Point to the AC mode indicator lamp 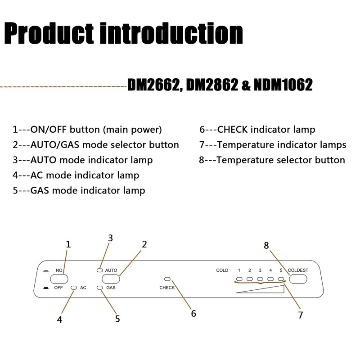click(74, 287)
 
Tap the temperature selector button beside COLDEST click(298, 279)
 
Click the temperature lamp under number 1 click(239, 279)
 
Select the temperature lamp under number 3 click(260, 279)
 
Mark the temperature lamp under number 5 click(281, 279)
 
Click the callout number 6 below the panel click(193, 314)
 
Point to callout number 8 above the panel click(266, 246)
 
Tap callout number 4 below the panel click(59, 319)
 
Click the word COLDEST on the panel click(298, 270)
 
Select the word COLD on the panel click(222, 270)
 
